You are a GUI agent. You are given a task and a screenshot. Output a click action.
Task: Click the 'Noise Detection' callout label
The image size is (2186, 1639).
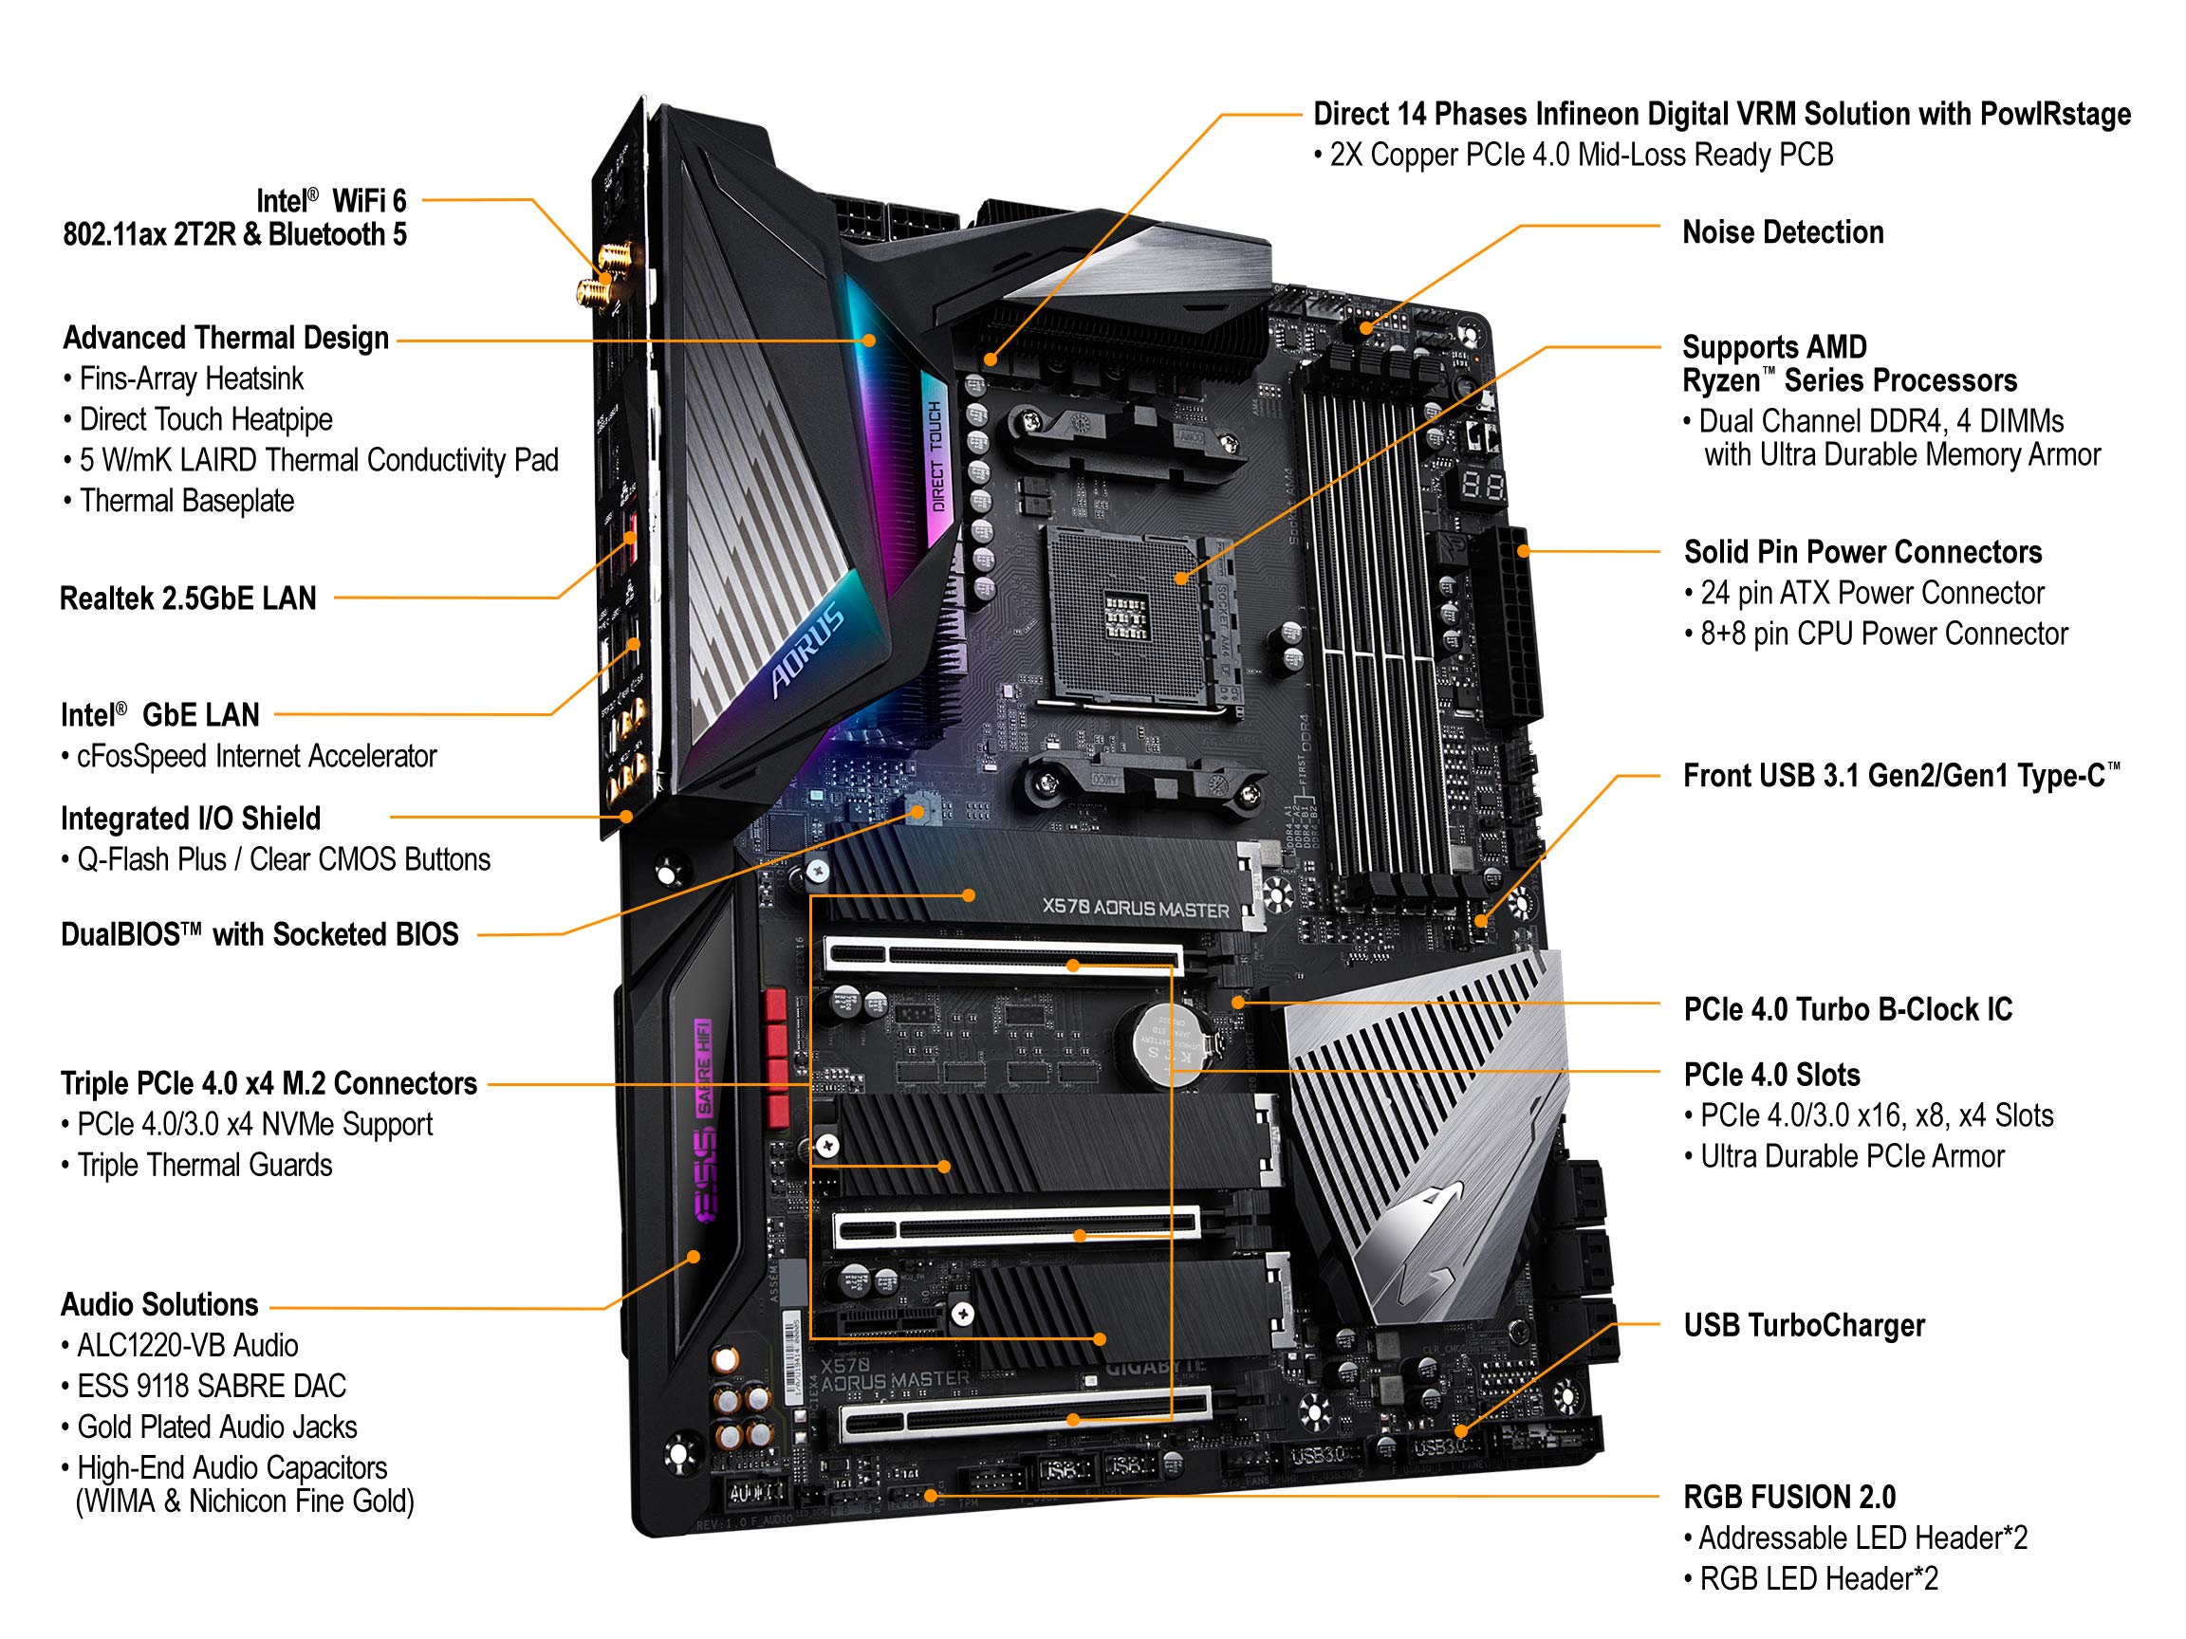pyautogui.click(x=1782, y=233)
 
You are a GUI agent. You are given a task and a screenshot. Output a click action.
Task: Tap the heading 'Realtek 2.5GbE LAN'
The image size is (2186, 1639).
pyautogui.click(x=188, y=599)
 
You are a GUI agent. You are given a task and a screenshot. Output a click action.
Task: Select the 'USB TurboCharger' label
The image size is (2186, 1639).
pyautogui.click(x=1804, y=1326)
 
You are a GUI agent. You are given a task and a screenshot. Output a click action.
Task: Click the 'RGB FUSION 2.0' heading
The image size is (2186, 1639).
pyautogui.click(x=1788, y=1497)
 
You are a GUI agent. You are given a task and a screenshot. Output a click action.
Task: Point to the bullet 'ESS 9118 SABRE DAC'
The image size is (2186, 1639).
pyautogui.click(x=212, y=1386)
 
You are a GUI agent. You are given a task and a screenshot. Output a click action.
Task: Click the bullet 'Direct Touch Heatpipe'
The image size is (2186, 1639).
pyautogui.click(x=206, y=420)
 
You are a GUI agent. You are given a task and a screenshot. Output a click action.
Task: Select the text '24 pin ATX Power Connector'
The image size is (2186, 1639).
pyautogui.click(x=1872, y=594)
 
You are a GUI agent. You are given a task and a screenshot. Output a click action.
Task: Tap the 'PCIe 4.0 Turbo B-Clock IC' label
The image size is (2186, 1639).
pyautogui.click(x=1847, y=1010)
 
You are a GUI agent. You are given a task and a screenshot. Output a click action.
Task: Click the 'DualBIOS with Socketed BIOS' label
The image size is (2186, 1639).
pyautogui.click(x=260, y=934)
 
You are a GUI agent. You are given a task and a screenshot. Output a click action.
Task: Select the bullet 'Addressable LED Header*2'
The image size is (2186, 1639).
pyautogui.click(x=1862, y=1538)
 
